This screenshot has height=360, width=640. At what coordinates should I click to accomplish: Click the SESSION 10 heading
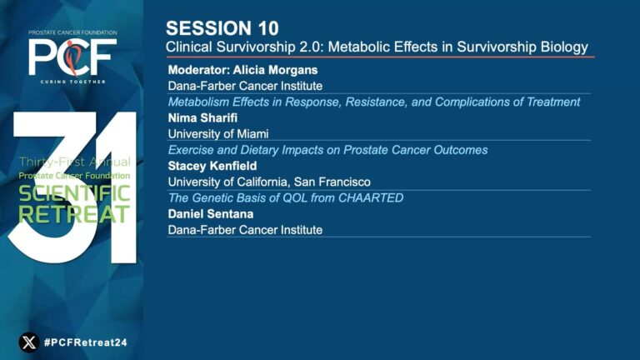click(x=222, y=28)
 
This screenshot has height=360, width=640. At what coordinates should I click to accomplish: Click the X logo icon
click(x=29, y=342)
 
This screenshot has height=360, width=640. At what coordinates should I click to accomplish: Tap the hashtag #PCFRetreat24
click(x=86, y=342)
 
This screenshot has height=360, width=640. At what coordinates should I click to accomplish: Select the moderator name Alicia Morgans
click(x=275, y=70)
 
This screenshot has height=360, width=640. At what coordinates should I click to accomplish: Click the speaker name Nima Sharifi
click(x=202, y=118)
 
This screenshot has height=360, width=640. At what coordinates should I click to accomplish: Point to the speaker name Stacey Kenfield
click(x=212, y=166)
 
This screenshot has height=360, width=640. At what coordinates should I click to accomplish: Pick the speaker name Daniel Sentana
click(x=211, y=214)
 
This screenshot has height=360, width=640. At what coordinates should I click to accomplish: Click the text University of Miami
click(x=218, y=134)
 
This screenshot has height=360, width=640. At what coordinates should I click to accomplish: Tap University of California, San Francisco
click(x=269, y=182)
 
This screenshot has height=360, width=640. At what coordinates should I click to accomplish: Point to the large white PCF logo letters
click(x=72, y=57)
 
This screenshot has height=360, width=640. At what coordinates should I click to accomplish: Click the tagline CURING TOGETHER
click(x=72, y=82)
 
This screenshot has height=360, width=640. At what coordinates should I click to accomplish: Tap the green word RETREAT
click(x=74, y=214)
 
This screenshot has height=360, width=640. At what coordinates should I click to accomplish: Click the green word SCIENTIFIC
click(x=74, y=193)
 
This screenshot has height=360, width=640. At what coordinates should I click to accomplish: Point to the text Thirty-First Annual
click(x=75, y=162)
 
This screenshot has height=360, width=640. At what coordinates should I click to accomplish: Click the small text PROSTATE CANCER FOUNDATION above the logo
click(x=72, y=32)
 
